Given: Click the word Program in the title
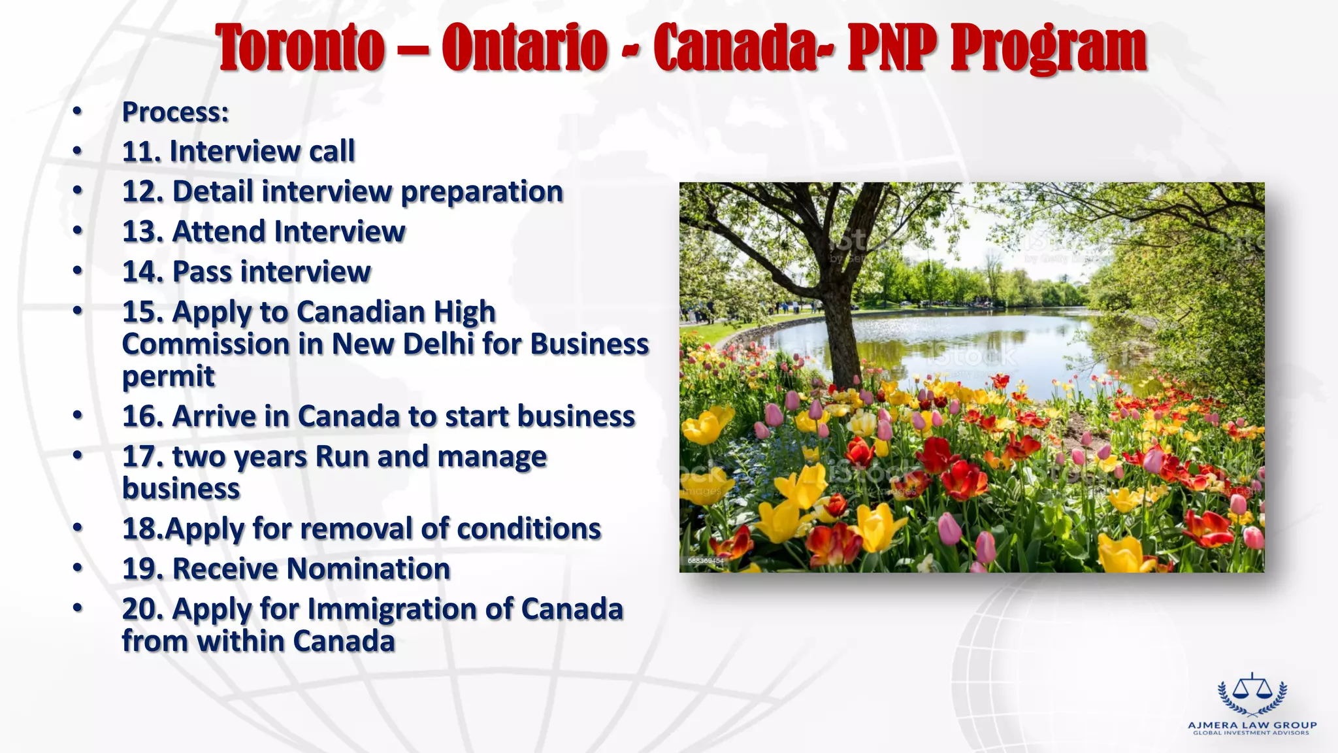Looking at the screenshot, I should click(x=1048, y=49).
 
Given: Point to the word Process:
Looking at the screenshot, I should click(x=175, y=112).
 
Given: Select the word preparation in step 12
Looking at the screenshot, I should click(x=481, y=192).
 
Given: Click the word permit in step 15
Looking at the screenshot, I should click(x=168, y=377).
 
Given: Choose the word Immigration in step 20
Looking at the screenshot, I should click(x=391, y=609).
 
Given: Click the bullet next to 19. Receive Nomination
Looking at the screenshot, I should click(x=78, y=568).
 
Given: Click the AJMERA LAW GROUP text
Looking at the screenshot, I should click(x=1252, y=725).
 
